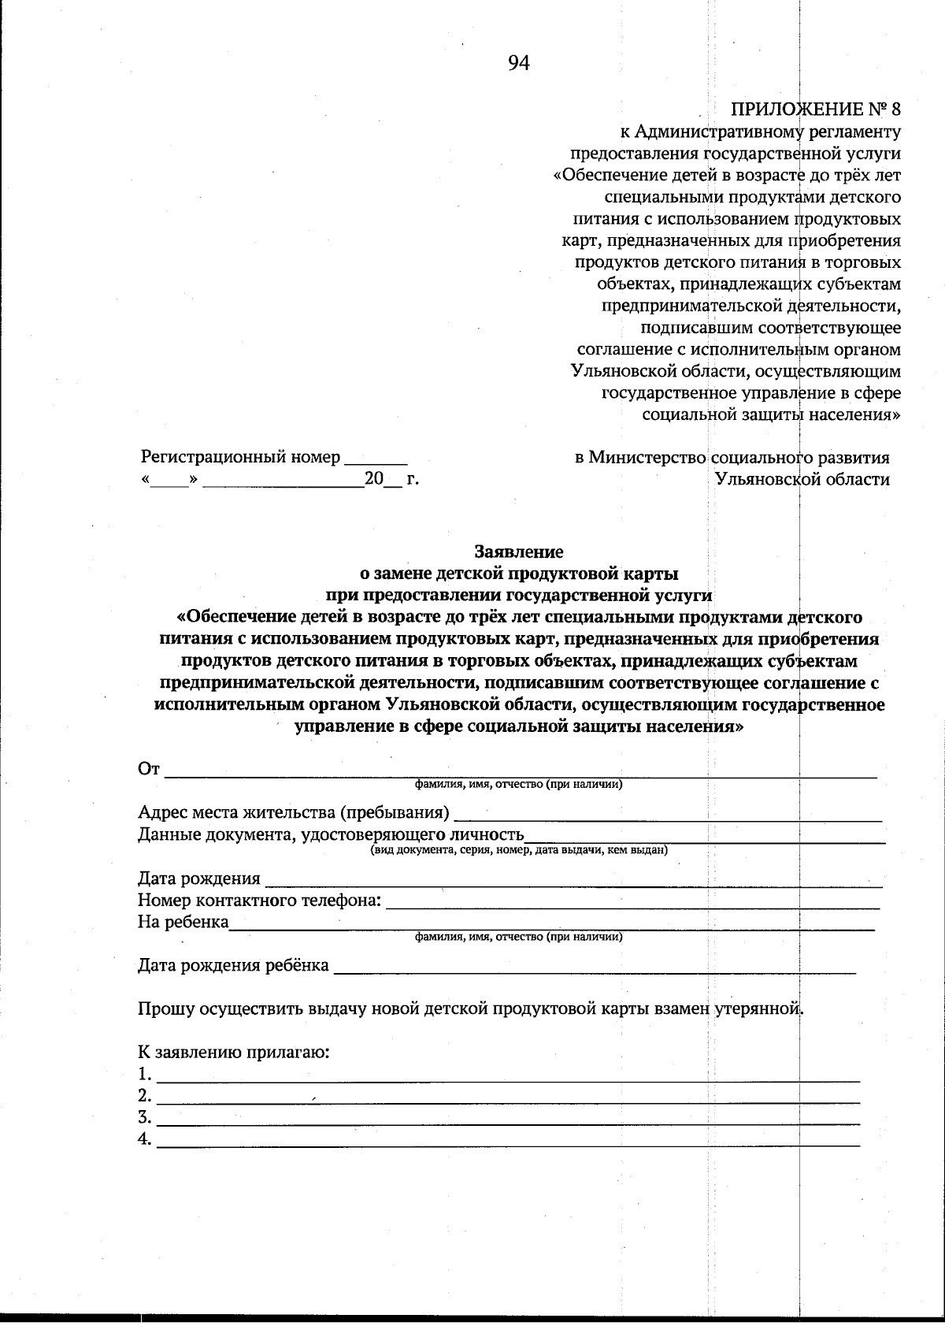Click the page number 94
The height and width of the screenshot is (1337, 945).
tap(518, 64)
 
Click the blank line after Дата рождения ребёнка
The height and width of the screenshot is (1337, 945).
tap(595, 972)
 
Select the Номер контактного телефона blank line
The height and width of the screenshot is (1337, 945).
tap(632, 907)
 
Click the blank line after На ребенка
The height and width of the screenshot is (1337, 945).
tap(551, 929)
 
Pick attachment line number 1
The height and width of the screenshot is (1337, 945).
tap(508, 1079)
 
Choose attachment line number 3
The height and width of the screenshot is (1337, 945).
tap(508, 1123)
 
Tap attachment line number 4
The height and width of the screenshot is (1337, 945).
tap(508, 1144)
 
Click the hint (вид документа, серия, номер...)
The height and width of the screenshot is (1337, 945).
tap(519, 850)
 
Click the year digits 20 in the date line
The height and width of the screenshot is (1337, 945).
tap(372, 479)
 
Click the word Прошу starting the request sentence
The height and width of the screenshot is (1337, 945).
tap(163, 1009)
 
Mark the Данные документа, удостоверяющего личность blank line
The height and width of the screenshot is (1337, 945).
tap(705, 841)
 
